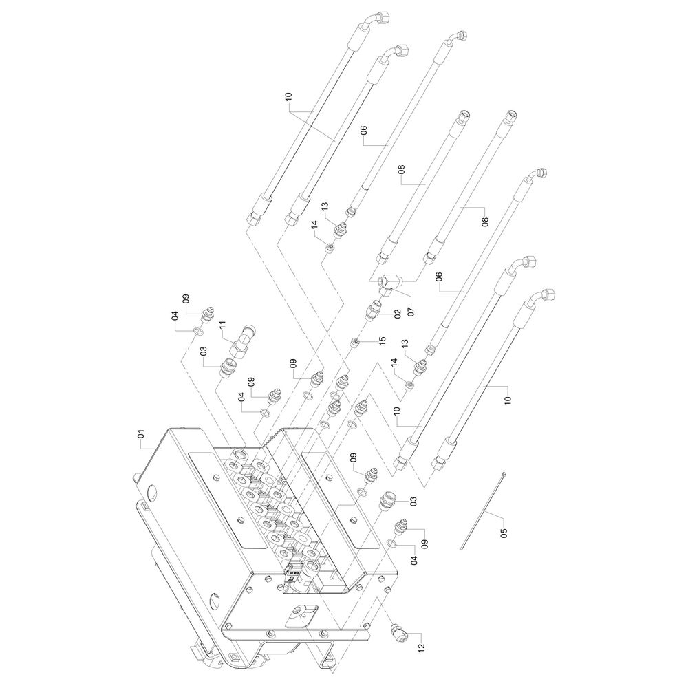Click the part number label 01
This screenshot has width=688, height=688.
click(x=140, y=434)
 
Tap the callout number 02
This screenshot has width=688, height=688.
click(x=397, y=314)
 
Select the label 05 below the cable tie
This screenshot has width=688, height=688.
click(x=503, y=532)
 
